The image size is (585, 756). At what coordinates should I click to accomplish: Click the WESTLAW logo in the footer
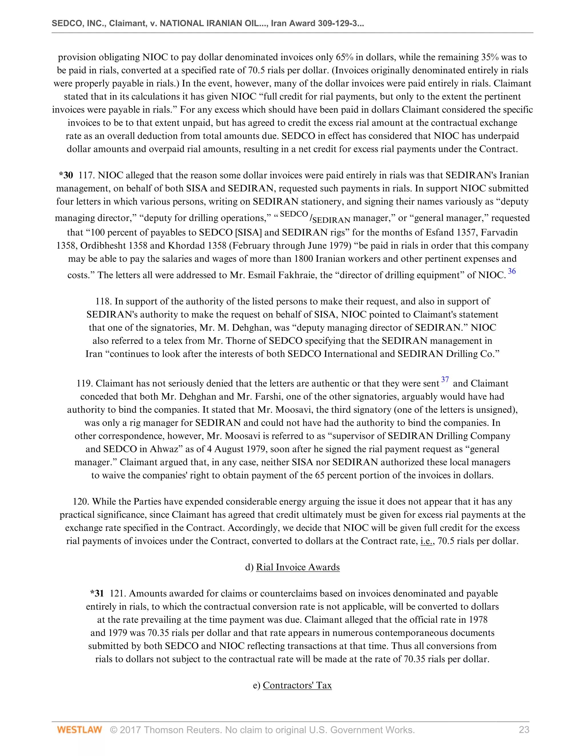79,730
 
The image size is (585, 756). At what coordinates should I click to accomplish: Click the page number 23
524,730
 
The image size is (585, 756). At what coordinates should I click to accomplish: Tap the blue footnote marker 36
512,271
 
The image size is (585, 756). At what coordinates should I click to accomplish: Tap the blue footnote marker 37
445,380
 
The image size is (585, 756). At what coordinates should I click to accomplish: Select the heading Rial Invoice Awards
298,567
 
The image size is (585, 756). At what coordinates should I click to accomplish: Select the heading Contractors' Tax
297,685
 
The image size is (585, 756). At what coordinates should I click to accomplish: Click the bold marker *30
66,175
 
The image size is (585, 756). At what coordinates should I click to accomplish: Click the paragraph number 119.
84,383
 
